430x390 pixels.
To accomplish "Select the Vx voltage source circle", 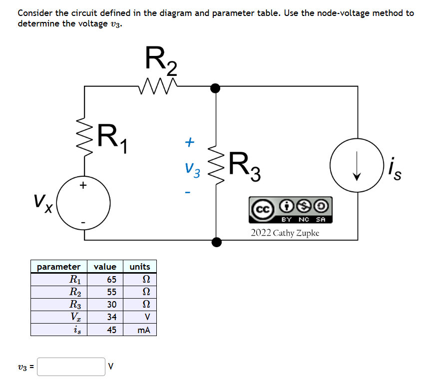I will pos(84,205).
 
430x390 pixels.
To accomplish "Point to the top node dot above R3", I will pos(216,88).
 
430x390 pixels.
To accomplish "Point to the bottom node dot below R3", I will pos(216,242).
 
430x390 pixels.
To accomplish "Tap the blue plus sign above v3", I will pos(189,143).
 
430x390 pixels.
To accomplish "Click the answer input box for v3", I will pos(71,367).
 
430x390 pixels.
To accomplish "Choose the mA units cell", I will pos(143,330).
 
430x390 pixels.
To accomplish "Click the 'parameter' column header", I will pos(59,267).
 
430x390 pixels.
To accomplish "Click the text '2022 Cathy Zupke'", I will pos(285,233).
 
